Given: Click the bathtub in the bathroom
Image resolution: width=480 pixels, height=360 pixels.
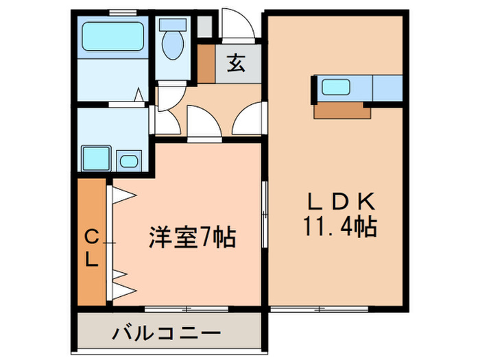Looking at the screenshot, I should click(x=112, y=36).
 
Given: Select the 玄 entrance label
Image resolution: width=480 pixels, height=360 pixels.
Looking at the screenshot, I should click(x=235, y=64).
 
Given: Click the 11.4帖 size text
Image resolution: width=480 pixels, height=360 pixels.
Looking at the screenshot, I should click(x=339, y=226).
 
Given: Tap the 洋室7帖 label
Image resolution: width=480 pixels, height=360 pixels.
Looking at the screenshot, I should click(x=193, y=239).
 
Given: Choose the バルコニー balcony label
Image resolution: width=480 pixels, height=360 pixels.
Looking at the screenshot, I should click(x=167, y=336).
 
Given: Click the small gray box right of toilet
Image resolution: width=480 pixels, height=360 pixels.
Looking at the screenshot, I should click(x=204, y=26).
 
